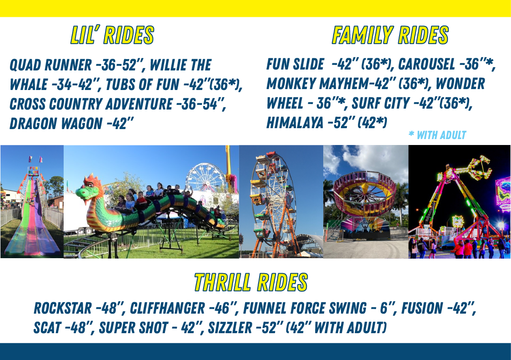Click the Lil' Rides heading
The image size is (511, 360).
[x=112, y=35]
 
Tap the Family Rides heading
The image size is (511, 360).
[x=390, y=35]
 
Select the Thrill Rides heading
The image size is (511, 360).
[x=250, y=282]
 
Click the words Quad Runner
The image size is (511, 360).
[x=50, y=65]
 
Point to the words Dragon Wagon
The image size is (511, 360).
[x=56, y=124]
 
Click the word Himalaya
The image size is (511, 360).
[x=295, y=122]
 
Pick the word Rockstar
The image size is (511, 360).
[x=63, y=308]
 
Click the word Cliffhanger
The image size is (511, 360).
[x=167, y=308]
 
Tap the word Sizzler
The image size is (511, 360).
[x=230, y=328]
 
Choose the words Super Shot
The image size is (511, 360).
[x=134, y=328]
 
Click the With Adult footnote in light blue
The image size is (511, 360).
[x=437, y=135]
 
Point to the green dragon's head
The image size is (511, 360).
[x=89, y=190]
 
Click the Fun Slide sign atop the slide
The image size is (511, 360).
[x=33, y=171]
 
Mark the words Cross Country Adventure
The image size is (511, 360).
[x=91, y=104]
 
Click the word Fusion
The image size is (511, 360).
[x=422, y=308]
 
